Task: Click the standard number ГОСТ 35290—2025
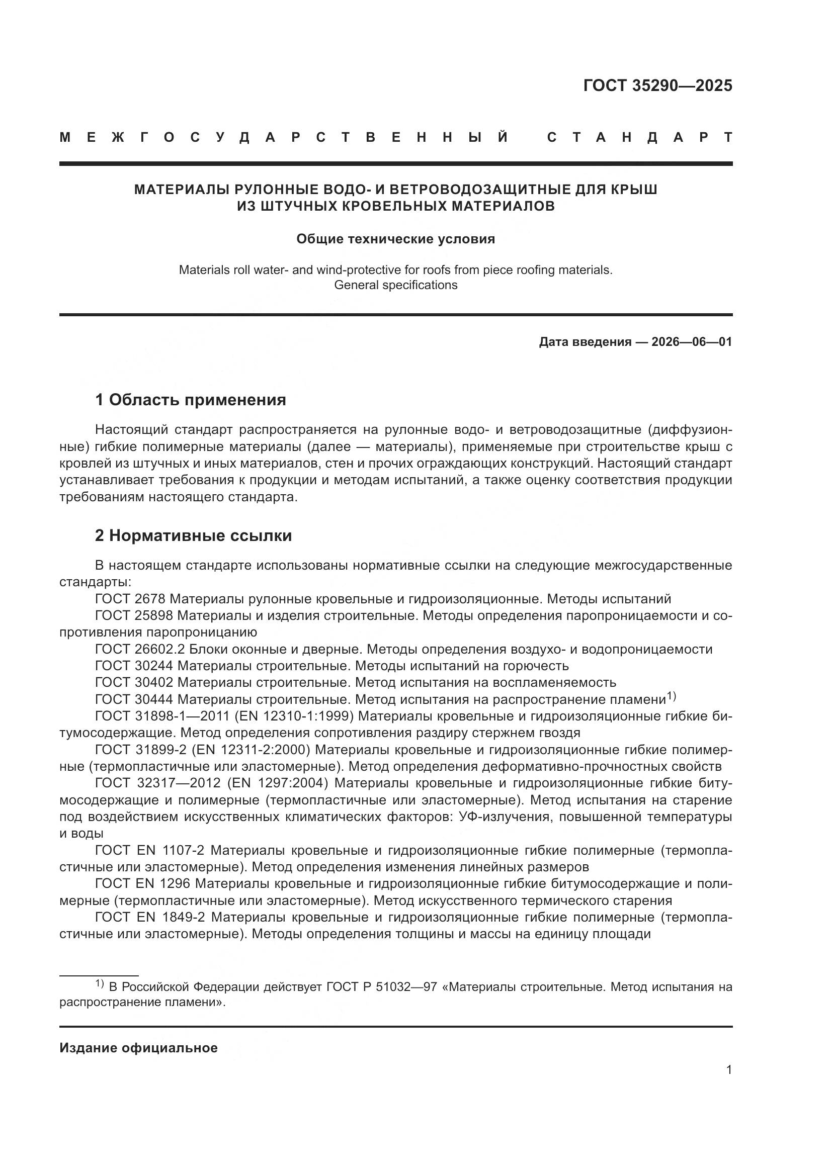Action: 657,85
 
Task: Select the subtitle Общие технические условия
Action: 395,239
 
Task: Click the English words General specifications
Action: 395,285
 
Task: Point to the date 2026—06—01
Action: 692,341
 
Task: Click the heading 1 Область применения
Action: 191,400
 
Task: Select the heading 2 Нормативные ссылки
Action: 193,536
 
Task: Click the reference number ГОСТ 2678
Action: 130,599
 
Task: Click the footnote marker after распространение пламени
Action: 671,695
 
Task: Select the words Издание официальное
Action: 138,1048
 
